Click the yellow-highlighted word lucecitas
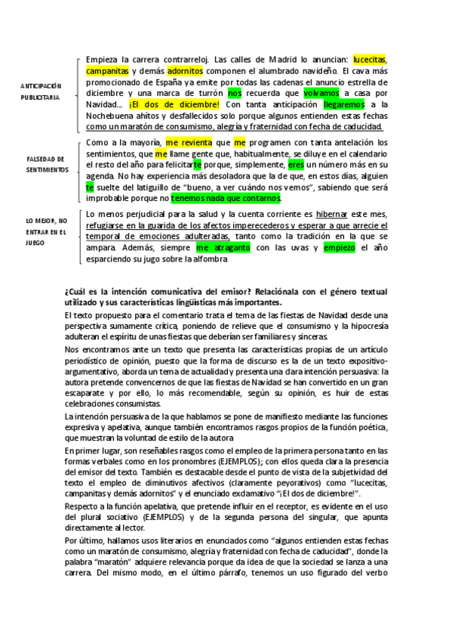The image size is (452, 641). coord(370,60)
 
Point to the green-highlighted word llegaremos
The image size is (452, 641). coord(343,104)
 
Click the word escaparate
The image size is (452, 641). coord(87,393)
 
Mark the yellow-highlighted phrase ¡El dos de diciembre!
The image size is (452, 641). coord(174,104)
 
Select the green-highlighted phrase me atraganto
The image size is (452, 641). coord(223,246)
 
